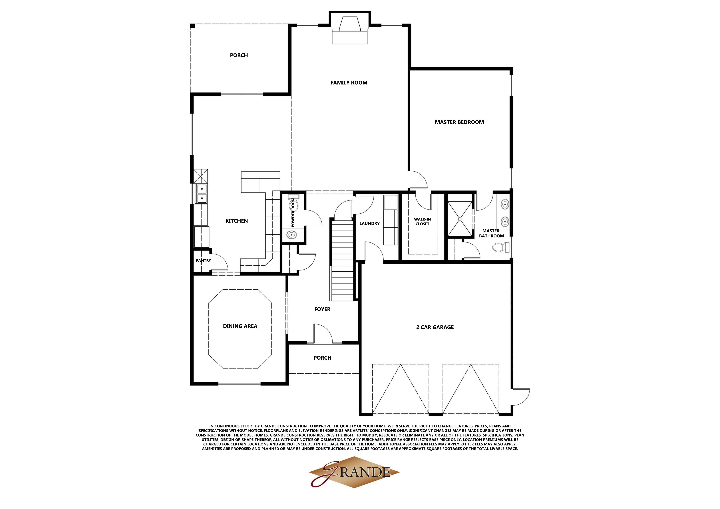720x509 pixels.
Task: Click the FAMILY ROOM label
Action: tap(349, 83)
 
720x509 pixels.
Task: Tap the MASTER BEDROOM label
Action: tap(459, 122)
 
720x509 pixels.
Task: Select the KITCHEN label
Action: tap(236, 221)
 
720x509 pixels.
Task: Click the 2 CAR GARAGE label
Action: tap(435, 327)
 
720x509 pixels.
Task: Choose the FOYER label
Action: tap(322, 309)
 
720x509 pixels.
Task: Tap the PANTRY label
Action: tap(203, 261)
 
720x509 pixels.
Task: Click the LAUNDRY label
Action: tap(369, 223)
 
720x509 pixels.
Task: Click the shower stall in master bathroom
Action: tap(460, 219)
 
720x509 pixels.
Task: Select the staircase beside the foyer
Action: tap(342, 260)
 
